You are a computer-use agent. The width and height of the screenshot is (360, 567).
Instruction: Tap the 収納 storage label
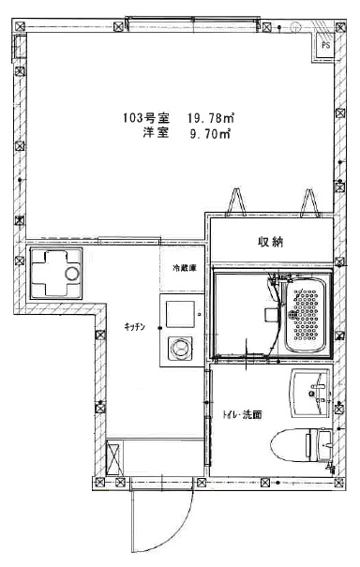[x=271, y=242]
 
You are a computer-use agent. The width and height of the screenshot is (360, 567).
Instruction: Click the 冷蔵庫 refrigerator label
[x=184, y=269]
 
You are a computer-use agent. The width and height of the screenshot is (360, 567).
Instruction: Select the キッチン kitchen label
[x=133, y=325]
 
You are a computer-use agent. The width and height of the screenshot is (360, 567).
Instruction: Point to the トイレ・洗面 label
[x=241, y=413]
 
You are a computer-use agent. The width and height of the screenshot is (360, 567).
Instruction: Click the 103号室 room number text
[x=143, y=118]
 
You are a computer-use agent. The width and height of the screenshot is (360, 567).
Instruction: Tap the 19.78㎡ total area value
[x=210, y=118]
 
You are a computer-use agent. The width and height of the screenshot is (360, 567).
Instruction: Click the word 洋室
[x=156, y=134]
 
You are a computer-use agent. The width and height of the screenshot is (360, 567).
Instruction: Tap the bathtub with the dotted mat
[x=306, y=314]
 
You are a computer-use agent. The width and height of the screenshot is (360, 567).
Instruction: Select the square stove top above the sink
[x=178, y=310]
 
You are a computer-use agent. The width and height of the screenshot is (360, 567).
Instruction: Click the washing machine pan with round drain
[x=54, y=273]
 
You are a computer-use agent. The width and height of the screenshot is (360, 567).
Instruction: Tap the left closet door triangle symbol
[x=235, y=201]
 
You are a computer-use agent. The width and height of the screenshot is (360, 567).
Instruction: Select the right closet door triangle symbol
[x=308, y=201]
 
